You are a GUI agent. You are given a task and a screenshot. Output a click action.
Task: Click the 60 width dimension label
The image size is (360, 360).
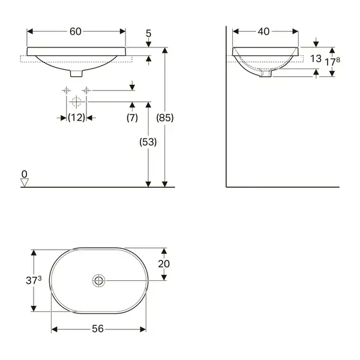tap(76, 31)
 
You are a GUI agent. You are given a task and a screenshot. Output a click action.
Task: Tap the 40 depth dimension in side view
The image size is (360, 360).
tap(263, 31)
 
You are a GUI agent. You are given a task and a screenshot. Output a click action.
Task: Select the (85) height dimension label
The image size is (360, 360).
tap(165, 118)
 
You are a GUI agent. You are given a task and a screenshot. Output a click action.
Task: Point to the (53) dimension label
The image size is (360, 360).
tap(148, 142)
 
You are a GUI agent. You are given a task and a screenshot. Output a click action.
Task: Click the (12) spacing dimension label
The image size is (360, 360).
tap(76, 118)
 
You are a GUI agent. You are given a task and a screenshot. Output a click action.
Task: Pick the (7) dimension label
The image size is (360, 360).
tap(132, 118)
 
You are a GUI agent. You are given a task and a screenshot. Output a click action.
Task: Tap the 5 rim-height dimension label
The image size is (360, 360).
tap(149, 34)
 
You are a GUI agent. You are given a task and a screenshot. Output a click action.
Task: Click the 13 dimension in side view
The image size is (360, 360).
tap(316, 59)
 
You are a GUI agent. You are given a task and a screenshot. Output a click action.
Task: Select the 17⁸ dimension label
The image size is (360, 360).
tap(332, 62)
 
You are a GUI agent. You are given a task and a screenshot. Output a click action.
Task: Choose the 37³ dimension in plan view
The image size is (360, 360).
tap(34, 280)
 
